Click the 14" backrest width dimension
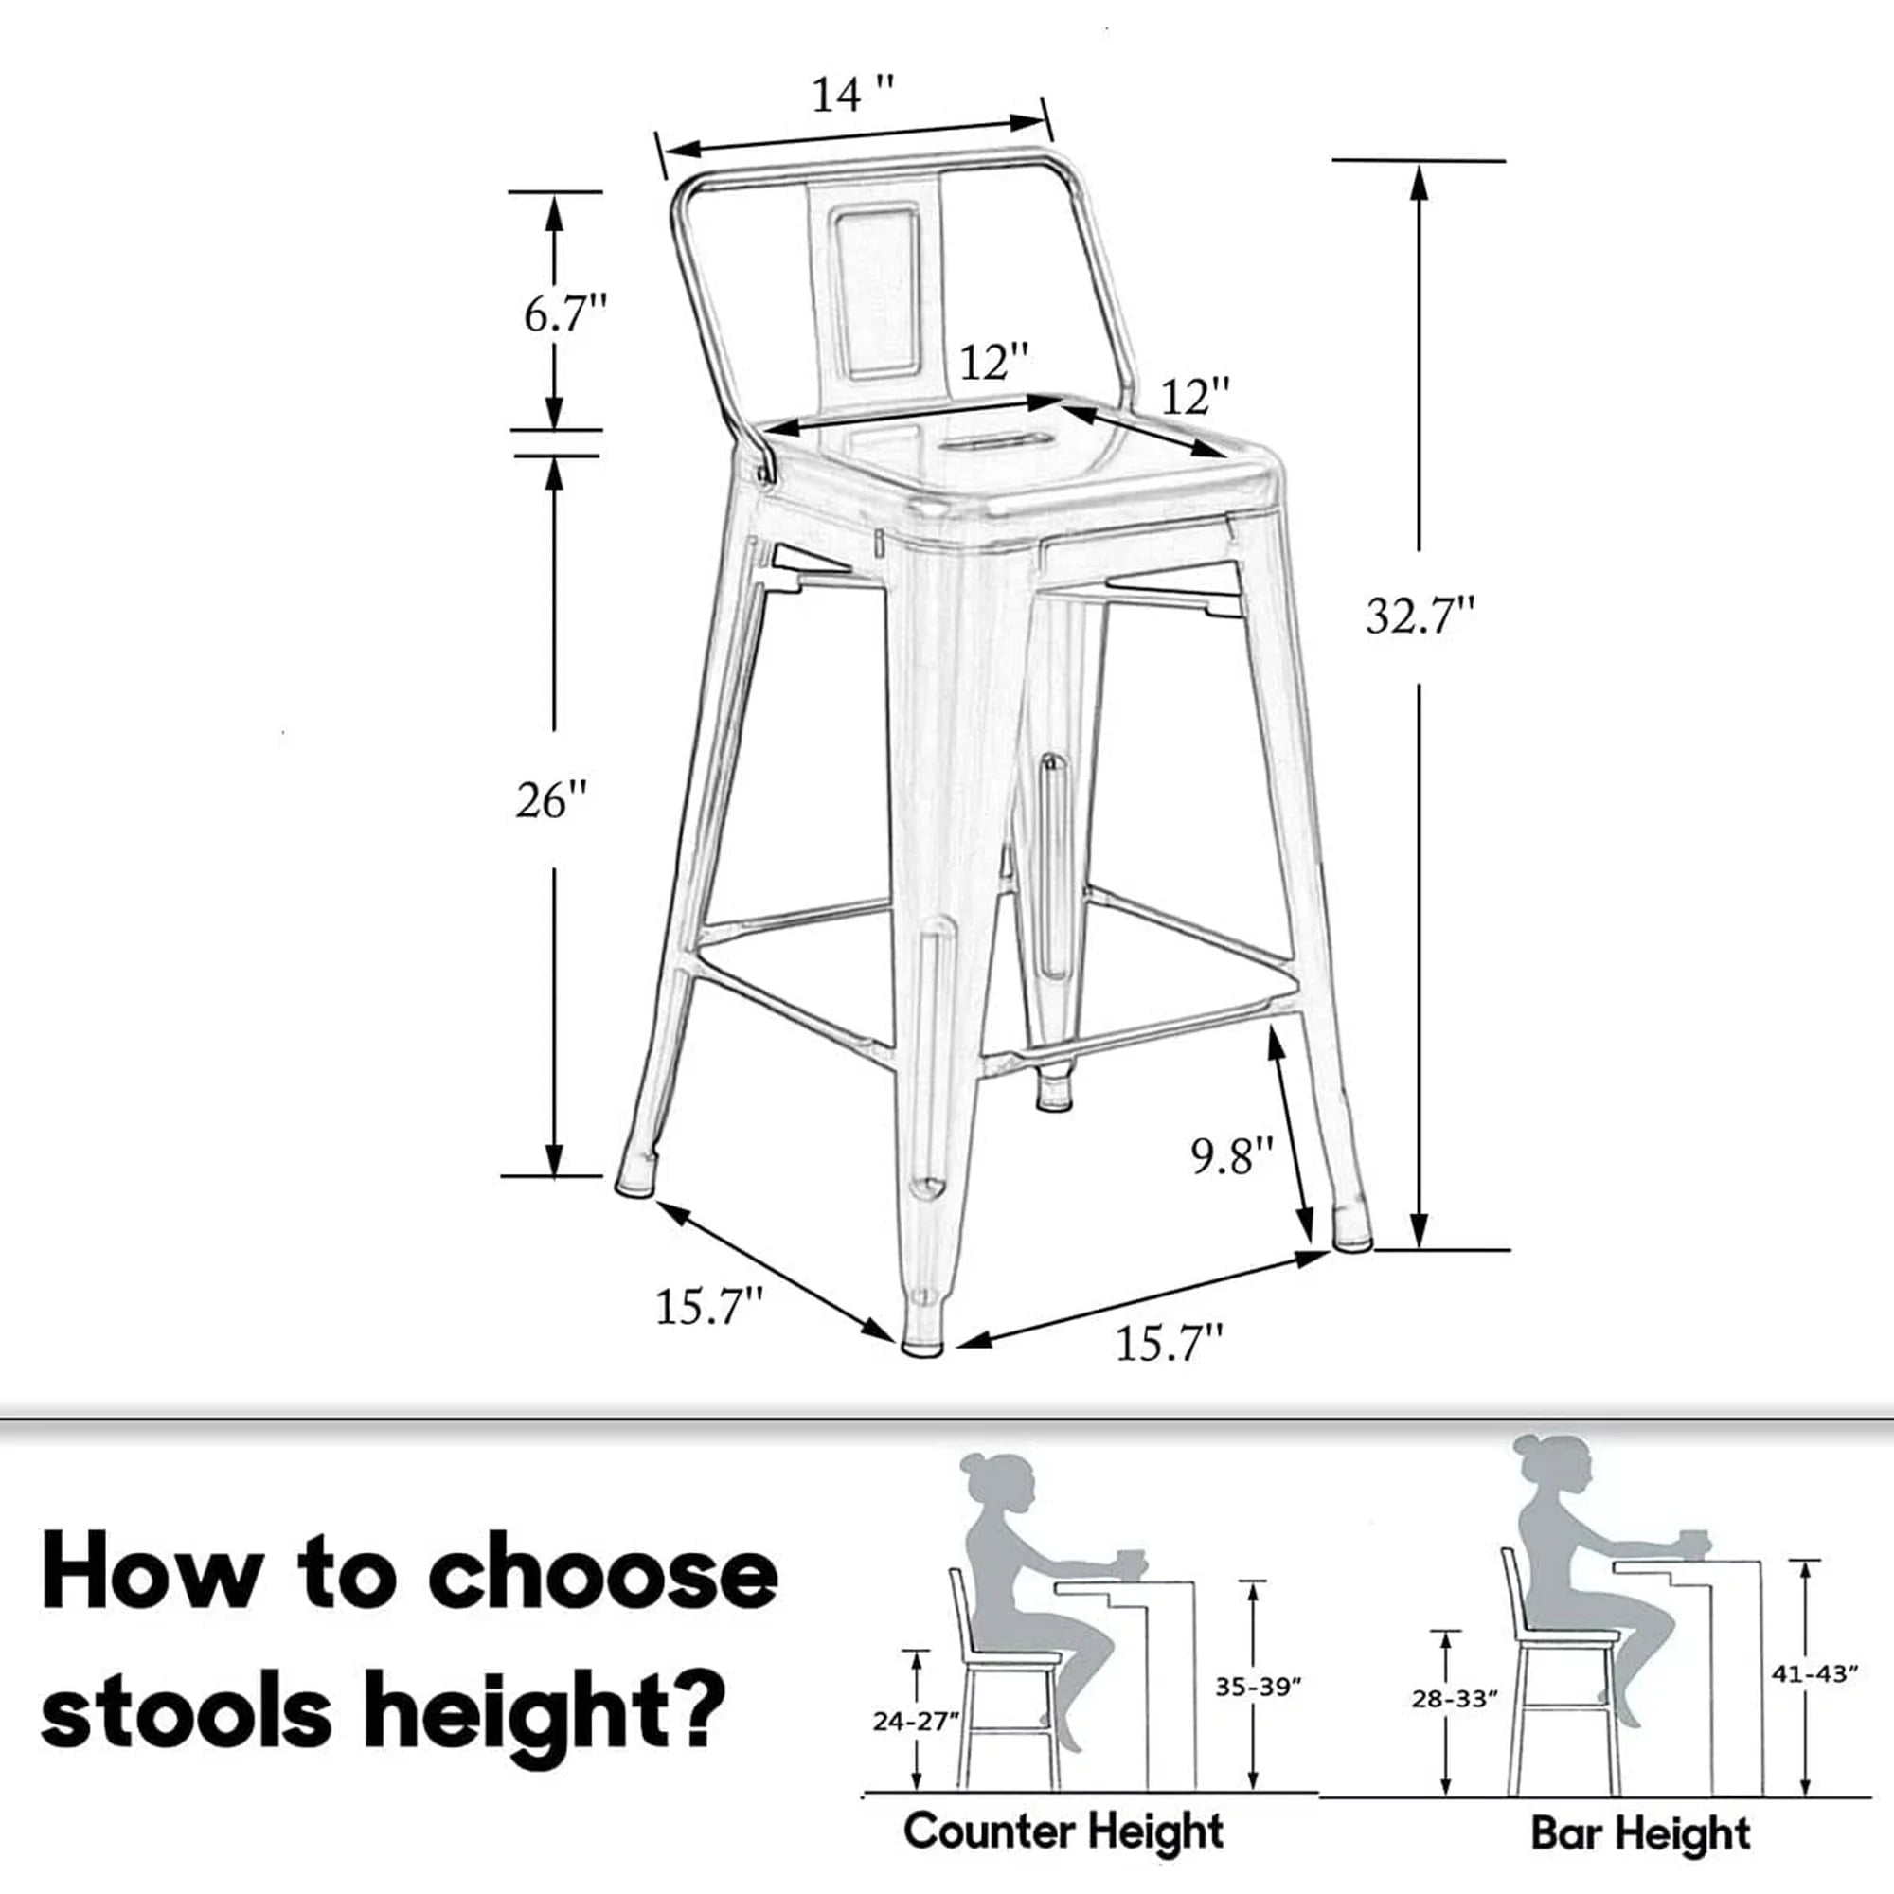[x=852, y=94]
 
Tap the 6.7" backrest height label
[x=565, y=313]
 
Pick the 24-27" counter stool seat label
[x=915, y=1722]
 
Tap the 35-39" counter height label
[x=1258, y=1687]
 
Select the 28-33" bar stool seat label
[x=1455, y=1698]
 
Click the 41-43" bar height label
[x=1814, y=1673]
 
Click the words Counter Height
[x=1063, y=1831]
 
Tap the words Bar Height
[x=1640, y=1832]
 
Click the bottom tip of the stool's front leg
[x=920, y=1352]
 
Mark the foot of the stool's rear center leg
[x=1054, y=1099]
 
